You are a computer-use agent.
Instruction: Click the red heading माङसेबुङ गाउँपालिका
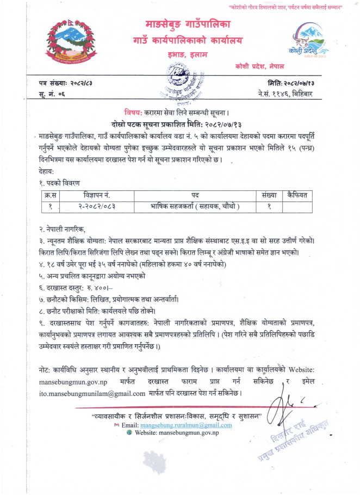[x=188, y=25]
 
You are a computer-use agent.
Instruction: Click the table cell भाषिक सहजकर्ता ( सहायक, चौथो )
[x=195, y=206]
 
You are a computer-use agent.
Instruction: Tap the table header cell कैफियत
[x=297, y=195]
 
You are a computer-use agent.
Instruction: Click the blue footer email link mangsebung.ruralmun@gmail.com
[x=186, y=424]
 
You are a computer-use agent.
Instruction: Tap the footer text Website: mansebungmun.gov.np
[x=176, y=432]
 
